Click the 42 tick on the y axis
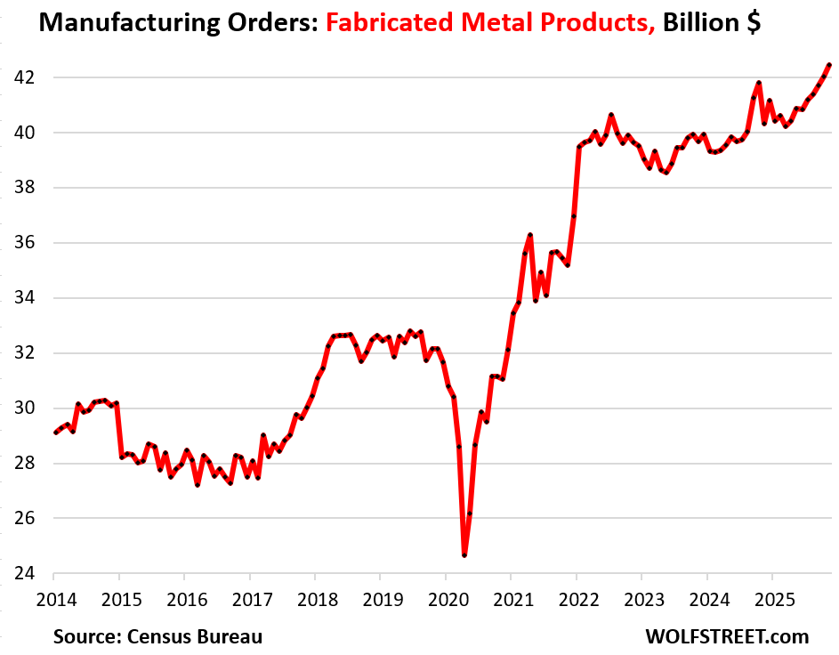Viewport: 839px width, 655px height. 20,77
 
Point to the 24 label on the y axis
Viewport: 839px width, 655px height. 20,573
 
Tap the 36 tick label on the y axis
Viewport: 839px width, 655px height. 20,243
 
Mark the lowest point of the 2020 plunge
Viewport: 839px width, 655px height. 464,555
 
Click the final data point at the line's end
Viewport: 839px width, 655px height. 828,65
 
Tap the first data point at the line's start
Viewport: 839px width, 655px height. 55,433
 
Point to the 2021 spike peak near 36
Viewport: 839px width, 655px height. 530,235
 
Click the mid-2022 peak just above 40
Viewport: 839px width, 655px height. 611,115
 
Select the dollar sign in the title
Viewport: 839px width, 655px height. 753,24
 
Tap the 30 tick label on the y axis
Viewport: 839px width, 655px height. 20,408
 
